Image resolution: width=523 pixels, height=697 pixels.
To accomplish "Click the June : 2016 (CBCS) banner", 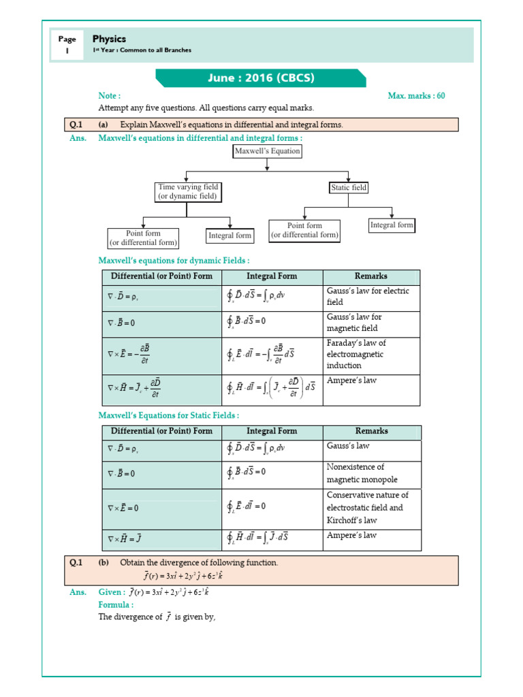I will pyautogui.click(x=261, y=78).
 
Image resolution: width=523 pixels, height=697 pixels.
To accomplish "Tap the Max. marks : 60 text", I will pyautogui.click(x=416, y=96).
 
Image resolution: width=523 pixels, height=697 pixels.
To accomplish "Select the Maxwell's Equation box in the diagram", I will pyautogui.click(x=267, y=151).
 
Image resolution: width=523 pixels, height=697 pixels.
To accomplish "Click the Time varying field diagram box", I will pyautogui.click(x=187, y=191).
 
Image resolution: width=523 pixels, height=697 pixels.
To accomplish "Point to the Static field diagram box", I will pyautogui.click(x=349, y=187).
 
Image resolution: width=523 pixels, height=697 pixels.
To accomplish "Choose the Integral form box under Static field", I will pyautogui.click(x=392, y=225).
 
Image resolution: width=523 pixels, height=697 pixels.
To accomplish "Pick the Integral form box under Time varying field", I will pyautogui.click(x=230, y=236).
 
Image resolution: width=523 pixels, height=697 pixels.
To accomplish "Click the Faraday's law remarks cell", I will pyautogui.click(x=371, y=354).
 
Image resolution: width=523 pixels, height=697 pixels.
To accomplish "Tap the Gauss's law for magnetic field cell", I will pyautogui.click(x=371, y=323).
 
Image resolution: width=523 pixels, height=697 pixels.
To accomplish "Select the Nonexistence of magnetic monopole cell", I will pyautogui.click(x=371, y=473).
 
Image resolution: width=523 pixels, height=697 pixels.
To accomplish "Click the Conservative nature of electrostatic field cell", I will pyautogui.click(x=371, y=508).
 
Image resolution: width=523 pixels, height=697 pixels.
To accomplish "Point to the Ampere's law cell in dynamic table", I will pyautogui.click(x=371, y=389).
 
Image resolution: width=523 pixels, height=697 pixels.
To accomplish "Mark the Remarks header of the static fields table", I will pyautogui.click(x=371, y=431).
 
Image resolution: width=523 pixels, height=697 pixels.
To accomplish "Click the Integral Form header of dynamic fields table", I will pyautogui.click(x=272, y=276).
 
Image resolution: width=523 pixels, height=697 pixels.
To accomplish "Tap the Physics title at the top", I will pyautogui.click(x=109, y=39).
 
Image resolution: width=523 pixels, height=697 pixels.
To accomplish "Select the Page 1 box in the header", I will pyautogui.click(x=67, y=45).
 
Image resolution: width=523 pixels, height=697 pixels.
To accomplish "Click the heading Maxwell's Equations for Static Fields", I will pyautogui.click(x=169, y=415).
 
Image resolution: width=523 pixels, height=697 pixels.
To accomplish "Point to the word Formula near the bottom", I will pyautogui.click(x=116, y=604).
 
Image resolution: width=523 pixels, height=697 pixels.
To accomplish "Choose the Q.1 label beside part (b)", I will pyautogui.click(x=76, y=563).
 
